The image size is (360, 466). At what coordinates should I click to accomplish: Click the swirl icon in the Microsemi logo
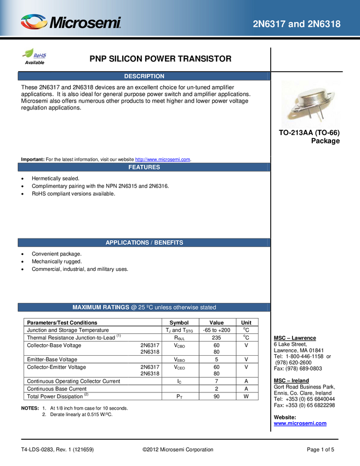[33, 22]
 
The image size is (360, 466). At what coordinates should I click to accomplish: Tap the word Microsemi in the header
[85, 23]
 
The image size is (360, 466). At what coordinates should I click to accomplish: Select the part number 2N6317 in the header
[269, 24]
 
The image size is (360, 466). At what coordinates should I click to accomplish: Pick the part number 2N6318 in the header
[323, 24]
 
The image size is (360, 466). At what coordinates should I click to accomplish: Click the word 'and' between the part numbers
[296, 24]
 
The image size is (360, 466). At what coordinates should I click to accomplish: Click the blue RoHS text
[41, 55]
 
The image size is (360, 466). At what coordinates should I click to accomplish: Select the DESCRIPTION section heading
[144, 76]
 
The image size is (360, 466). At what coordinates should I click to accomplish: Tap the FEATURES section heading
[144, 167]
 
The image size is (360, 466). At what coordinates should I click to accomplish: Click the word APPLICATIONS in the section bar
[127, 242]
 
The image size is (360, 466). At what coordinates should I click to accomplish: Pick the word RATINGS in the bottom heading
[117, 308]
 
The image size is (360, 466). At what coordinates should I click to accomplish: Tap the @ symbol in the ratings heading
[134, 308]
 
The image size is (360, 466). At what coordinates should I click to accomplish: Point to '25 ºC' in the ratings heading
[145, 308]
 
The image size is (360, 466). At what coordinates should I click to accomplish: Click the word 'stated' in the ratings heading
[207, 308]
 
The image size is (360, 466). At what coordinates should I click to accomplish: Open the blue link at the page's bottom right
[300, 423]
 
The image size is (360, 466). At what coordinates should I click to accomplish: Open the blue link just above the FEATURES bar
[163, 159]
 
